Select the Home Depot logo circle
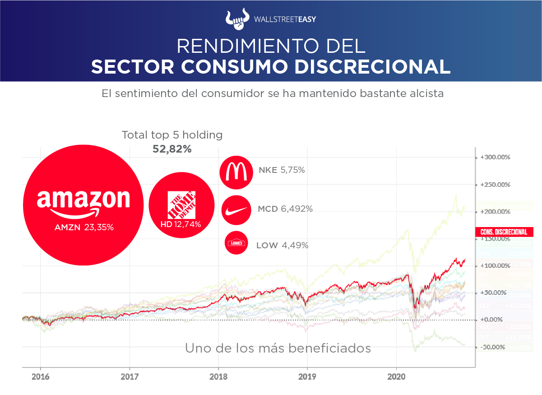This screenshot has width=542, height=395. click(x=181, y=205)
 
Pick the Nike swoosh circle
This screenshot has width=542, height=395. click(x=236, y=209)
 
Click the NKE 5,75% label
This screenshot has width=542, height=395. click(x=282, y=171)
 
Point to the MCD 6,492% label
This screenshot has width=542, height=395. click(x=285, y=209)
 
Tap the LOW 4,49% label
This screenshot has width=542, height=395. click(x=282, y=245)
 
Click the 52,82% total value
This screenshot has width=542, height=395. click(x=172, y=149)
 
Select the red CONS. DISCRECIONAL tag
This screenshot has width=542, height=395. click(x=504, y=232)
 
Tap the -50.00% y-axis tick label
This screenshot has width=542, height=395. click(x=493, y=347)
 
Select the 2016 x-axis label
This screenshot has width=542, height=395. click(x=40, y=376)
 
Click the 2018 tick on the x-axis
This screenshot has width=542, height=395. click(x=218, y=376)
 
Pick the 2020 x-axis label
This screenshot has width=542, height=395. click(x=396, y=376)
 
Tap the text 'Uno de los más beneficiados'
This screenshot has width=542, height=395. click(x=278, y=349)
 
